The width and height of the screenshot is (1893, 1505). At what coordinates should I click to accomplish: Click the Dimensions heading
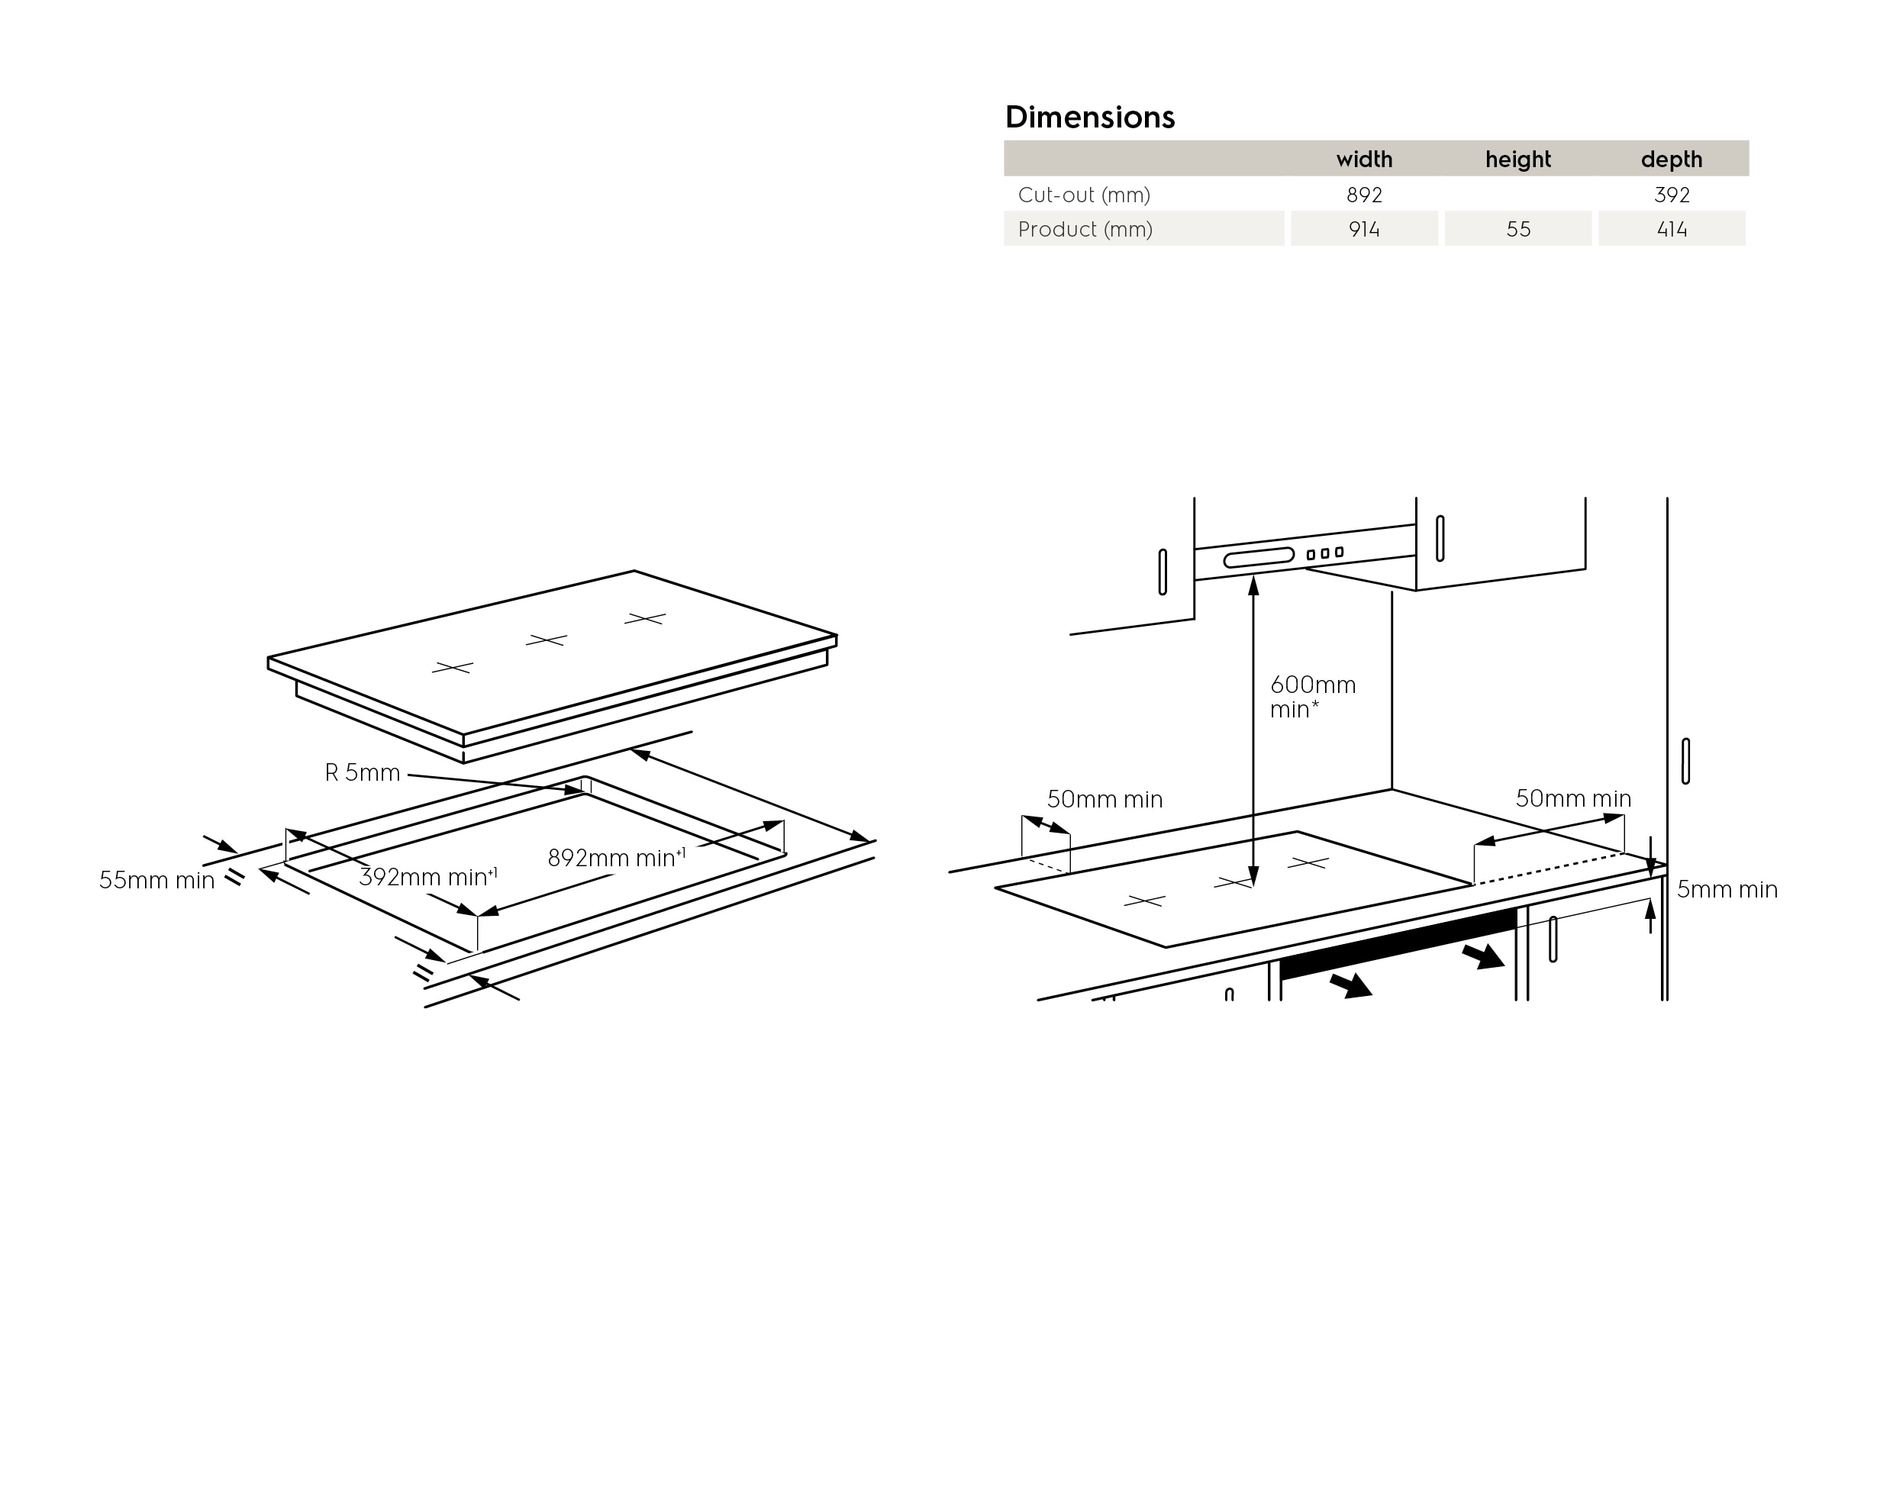1089,117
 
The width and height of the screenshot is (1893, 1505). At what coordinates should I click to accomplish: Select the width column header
1363,159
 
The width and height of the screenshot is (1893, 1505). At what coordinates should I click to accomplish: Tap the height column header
1518,159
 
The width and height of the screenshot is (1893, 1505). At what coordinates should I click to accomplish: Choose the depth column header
1672,159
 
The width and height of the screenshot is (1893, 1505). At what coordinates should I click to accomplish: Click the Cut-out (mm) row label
1083,195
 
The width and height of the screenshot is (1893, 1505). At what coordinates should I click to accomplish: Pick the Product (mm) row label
1085,229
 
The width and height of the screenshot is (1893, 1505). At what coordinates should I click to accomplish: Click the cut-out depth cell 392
1672,195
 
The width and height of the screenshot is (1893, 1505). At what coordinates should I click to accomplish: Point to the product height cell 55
1518,229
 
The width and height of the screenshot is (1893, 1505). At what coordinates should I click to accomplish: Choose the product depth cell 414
1672,229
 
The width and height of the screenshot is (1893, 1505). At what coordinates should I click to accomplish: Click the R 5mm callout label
363,772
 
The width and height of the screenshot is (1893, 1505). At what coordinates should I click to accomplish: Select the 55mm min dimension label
156,880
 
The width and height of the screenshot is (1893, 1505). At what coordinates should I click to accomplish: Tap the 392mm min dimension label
428,876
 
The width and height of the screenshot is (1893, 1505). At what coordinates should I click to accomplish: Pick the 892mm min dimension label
616,857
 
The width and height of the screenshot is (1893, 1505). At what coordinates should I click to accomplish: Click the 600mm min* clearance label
1313,698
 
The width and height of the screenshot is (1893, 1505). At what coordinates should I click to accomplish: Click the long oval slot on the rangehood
1259,558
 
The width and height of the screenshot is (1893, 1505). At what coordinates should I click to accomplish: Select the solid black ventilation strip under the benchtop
1398,943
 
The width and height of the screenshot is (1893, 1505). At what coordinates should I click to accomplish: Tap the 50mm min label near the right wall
1573,798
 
